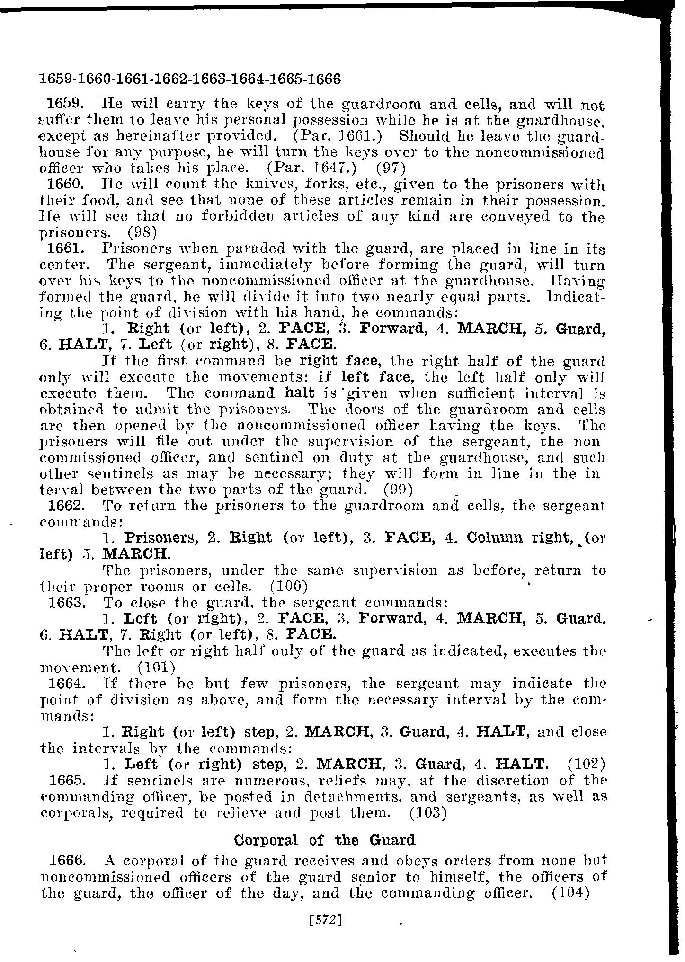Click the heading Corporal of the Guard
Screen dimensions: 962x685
(325, 840)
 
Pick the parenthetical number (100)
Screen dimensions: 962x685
(289, 587)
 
